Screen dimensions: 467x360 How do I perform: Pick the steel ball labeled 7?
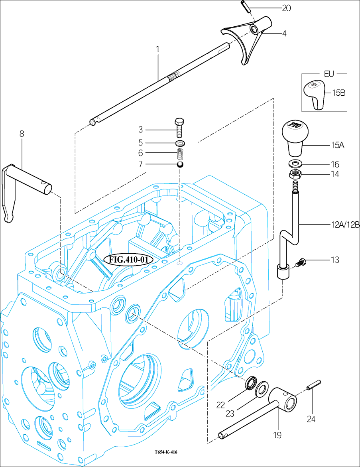coord(180,164)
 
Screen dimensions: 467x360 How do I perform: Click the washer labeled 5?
coord(180,143)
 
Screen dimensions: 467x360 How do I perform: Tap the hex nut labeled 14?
coord(295,174)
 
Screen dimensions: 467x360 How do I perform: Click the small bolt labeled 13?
coord(300,262)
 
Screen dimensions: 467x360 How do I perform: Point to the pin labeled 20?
coord(246,7)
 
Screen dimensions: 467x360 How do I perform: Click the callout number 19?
coord(277,435)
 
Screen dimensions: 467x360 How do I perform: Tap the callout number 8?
coord(22,134)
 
